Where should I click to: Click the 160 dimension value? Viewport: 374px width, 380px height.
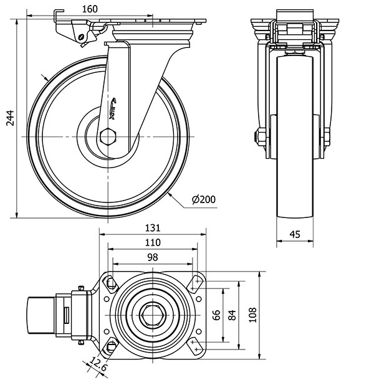(x=90, y=9)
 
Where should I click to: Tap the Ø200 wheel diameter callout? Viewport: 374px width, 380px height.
(x=204, y=199)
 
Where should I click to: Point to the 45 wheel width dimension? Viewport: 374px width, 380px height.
(x=295, y=234)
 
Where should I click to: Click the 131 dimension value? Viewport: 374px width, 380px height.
(x=153, y=229)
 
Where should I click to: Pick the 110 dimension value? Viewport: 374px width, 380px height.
(x=153, y=242)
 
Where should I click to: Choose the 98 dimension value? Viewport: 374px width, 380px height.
(x=153, y=257)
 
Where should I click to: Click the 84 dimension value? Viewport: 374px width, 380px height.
(x=233, y=315)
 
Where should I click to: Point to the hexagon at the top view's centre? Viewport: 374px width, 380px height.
(x=152, y=315)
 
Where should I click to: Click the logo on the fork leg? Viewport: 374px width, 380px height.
(x=116, y=107)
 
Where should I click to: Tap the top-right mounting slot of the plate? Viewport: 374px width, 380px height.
(x=196, y=282)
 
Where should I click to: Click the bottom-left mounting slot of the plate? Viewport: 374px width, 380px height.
(x=110, y=347)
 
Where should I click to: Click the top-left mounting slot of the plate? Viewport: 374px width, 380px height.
(x=110, y=282)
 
